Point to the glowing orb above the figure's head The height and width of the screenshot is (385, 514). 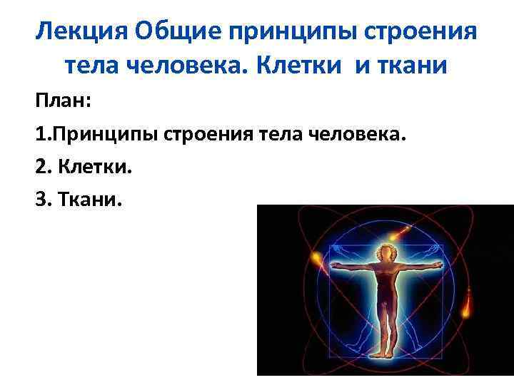click(x=405, y=230)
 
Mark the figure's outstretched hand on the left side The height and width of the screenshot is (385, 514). click(x=336, y=267)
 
